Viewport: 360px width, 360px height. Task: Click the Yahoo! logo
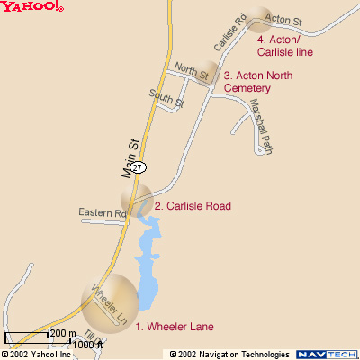coord(32,7)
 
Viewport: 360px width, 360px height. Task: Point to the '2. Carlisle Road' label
coord(193,206)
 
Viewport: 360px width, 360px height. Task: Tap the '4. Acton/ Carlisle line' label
coord(289,46)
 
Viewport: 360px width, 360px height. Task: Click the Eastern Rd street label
coord(102,213)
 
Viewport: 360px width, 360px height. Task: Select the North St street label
coord(192,69)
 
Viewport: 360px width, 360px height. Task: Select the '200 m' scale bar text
coord(62,334)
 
